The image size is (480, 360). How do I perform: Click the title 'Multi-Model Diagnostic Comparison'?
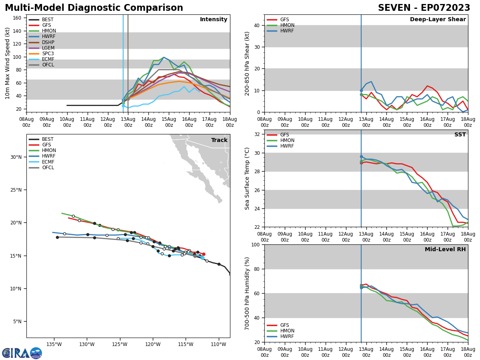tap(94, 8)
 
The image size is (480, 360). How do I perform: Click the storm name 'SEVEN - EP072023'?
tap(424, 8)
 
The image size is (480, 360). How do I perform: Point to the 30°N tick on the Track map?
tap(16, 157)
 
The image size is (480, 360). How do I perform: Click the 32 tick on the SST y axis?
tap(257, 134)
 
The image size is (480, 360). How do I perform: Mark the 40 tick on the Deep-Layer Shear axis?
tap(257, 25)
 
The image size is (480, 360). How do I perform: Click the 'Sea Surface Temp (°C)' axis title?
tap(248, 178)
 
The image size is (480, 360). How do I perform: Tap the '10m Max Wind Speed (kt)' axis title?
tap(8, 63)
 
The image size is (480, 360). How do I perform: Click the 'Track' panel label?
tap(219, 140)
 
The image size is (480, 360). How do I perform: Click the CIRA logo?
tap(22, 353)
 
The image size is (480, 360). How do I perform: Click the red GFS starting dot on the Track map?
tap(203, 254)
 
